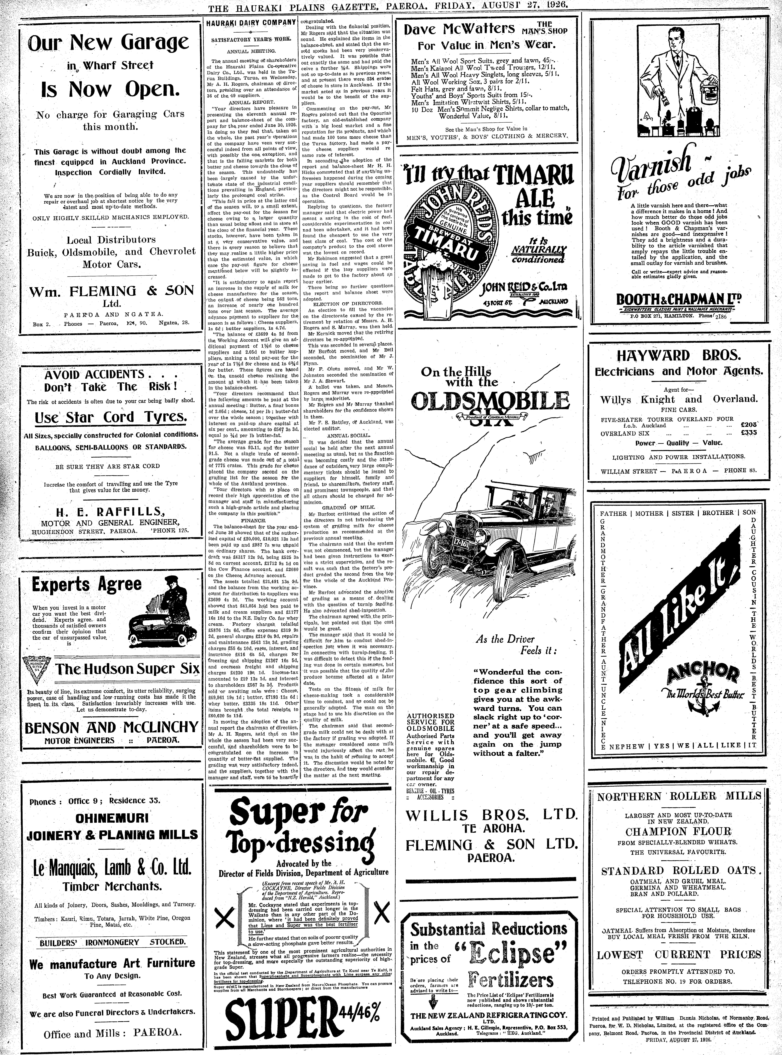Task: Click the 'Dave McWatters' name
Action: tap(459, 29)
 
